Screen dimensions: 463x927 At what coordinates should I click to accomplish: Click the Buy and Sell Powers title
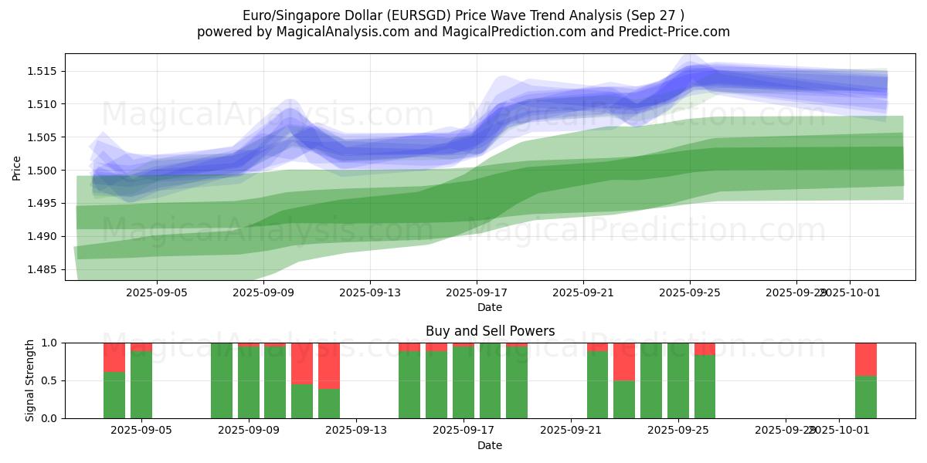[x=490, y=331]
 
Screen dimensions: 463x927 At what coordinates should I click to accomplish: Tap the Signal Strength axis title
[x=30, y=380]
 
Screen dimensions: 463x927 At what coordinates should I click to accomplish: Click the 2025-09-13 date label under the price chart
[x=369, y=293]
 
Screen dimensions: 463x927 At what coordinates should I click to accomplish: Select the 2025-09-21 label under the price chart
[x=582, y=293]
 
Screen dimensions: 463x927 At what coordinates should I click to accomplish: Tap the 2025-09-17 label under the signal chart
[x=463, y=431]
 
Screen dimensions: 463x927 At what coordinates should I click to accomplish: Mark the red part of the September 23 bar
[x=624, y=361]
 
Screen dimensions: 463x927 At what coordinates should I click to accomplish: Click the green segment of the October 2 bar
[x=865, y=397]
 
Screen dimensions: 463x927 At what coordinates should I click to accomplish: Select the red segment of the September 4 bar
[x=114, y=357]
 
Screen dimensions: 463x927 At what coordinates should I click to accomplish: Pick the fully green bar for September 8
[x=222, y=380]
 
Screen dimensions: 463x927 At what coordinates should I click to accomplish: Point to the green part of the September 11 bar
[x=302, y=401]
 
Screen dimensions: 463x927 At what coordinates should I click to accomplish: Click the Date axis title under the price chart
[x=490, y=307]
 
